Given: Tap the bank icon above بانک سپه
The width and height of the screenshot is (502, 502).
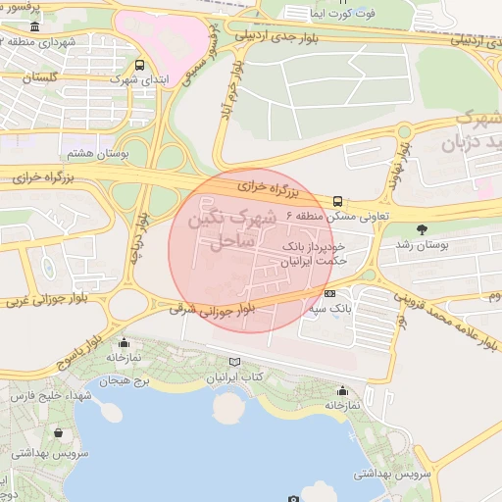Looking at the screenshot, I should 329,292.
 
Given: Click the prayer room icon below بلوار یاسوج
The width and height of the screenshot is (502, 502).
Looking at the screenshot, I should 124,343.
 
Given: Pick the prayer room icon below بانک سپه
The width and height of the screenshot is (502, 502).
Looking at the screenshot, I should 341,390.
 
